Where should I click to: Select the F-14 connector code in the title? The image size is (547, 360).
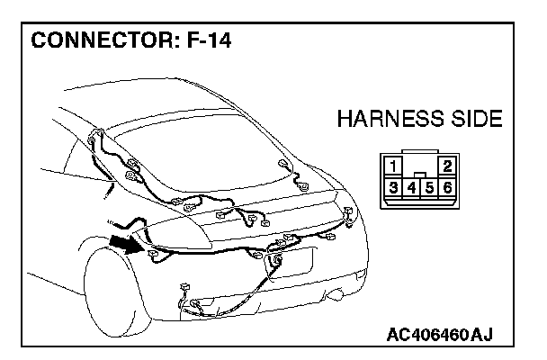point(198,41)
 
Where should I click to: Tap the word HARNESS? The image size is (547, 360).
point(389,119)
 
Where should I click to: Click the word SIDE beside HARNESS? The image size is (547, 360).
point(474,119)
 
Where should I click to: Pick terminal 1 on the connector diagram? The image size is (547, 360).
point(394,166)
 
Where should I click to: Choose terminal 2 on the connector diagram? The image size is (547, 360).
point(447,166)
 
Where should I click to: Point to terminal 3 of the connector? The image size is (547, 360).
point(394,188)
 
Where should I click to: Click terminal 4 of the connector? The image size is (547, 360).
point(412,188)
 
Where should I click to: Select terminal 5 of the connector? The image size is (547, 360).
point(430,188)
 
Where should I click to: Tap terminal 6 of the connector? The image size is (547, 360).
point(447,188)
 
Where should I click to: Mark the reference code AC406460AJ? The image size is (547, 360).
point(440,336)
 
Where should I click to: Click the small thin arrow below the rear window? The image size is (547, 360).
point(109,190)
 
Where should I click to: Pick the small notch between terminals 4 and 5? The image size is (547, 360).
point(421,175)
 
